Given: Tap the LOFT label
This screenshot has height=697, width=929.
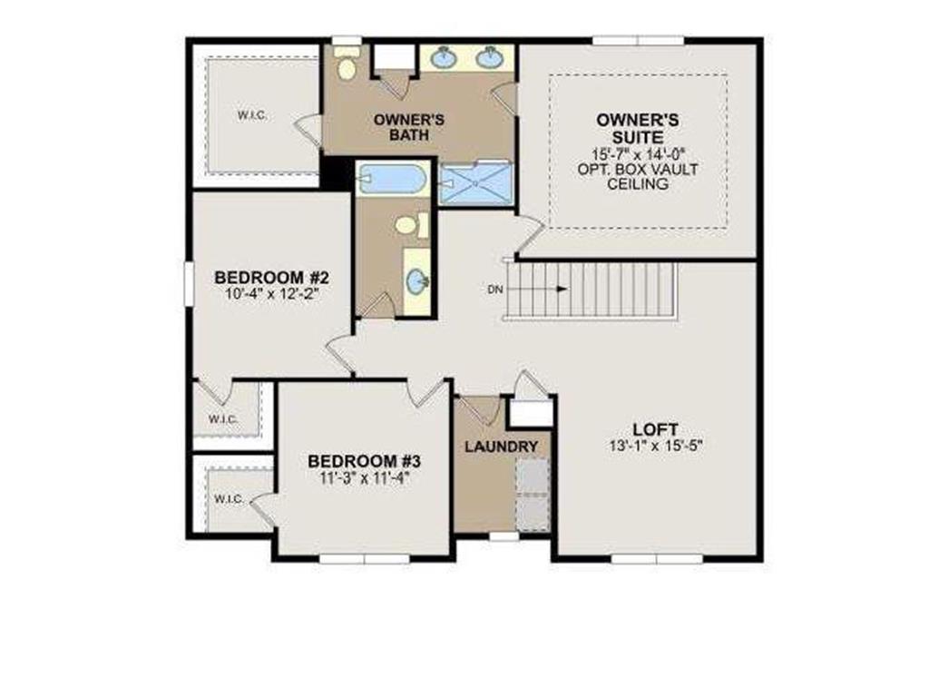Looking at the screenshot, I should point(657,429).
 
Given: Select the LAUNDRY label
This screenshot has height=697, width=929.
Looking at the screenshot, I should point(502,447).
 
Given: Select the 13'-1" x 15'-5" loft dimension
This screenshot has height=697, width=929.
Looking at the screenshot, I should point(657,446).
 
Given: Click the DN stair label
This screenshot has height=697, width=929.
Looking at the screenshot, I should point(494,290).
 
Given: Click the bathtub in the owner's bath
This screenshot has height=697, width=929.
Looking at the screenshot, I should point(392,179).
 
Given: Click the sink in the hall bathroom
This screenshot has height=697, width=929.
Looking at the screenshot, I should point(416,282).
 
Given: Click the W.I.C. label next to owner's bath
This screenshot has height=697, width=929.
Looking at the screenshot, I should point(252,115).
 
